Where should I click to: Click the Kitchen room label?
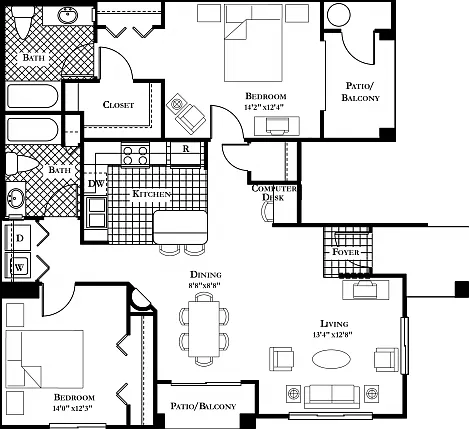[x=152, y=194]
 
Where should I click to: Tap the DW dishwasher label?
[x=96, y=184]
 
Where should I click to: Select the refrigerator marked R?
[x=186, y=153]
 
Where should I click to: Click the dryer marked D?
[x=18, y=238]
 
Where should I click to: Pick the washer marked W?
[x=18, y=266]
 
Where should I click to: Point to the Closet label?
[x=118, y=105]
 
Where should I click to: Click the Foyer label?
[x=346, y=252]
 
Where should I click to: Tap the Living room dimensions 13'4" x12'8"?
[x=333, y=335]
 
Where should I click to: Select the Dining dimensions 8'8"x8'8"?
[x=206, y=285]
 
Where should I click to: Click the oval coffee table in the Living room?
[x=331, y=359]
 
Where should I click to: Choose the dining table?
[x=204, y=329]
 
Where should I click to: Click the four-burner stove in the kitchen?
[x=135, y=155]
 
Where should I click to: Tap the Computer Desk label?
[x=274, y=193]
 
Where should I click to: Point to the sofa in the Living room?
[x=332, y=396]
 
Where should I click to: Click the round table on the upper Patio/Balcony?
[x=338, y=14]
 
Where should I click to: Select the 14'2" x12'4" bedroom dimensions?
[x=266, y=107]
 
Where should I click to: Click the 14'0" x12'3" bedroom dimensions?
[x=72, y=408]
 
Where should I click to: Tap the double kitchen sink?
[x=97, y=212]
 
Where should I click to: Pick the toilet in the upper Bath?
[x=22, y=21]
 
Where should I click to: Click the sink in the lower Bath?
[x=15, y=198]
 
